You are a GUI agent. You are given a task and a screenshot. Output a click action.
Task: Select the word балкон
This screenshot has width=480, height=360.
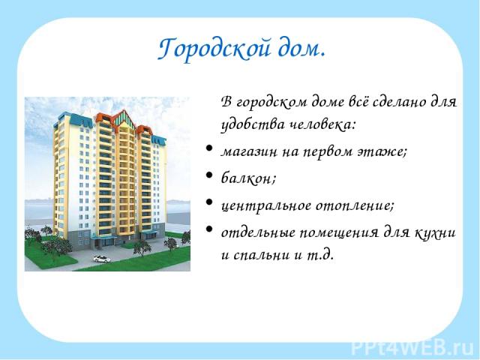248,178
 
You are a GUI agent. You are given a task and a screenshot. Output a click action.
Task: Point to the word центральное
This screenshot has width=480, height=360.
266,206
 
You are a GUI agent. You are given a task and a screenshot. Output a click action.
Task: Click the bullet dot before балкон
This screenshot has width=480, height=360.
209,175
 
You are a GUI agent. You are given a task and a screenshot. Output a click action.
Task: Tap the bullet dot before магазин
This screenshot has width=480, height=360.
209,148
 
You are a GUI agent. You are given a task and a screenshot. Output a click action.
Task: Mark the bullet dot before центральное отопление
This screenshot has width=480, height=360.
209,202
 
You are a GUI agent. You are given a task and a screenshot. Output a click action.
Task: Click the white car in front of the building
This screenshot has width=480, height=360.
102,259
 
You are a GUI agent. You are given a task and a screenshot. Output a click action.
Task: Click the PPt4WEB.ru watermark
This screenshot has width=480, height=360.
412,347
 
